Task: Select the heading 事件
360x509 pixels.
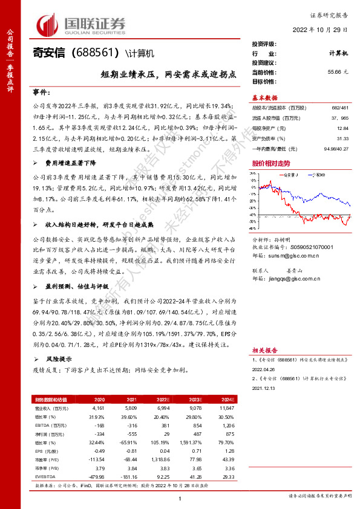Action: [x=41, y=92]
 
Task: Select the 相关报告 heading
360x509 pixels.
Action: [x=264, y=349]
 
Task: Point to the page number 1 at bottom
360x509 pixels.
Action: [x=180, y=498]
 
